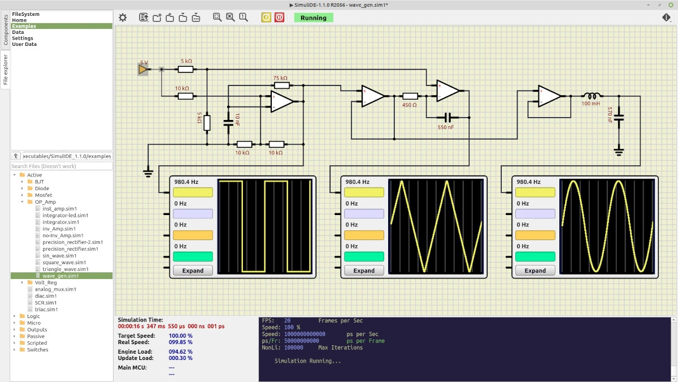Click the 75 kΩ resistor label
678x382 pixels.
280,78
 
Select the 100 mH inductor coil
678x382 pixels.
592,96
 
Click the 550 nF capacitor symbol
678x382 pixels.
447,117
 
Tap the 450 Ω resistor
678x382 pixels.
410,96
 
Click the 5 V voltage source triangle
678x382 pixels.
142,70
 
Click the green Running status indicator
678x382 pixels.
313,18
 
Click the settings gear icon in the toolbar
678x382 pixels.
123,18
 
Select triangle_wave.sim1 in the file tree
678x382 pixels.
66,269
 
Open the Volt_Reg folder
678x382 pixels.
45,282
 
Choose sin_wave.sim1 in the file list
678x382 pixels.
59,256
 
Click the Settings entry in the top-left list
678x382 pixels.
23,38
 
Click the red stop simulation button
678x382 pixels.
279,18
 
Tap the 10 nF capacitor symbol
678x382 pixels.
228,123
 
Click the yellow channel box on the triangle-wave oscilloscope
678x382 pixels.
364,192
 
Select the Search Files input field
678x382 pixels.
62,166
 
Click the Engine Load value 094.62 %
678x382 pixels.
180,351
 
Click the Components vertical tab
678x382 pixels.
6,29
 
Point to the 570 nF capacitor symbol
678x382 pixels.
619,118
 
